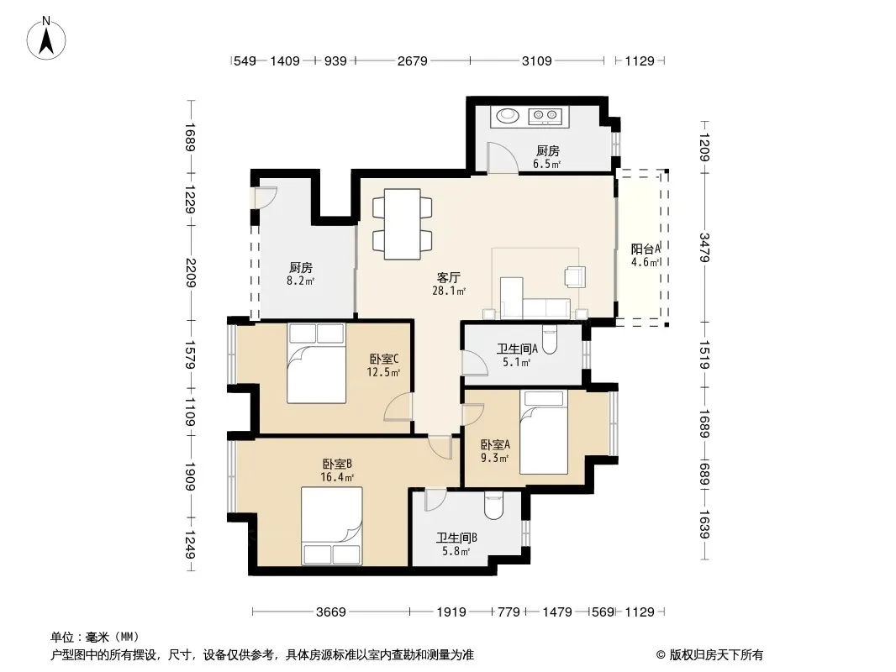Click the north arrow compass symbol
46,38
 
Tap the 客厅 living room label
449,278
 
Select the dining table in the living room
403,223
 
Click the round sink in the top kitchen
507,116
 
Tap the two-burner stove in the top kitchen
546,116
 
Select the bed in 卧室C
316,363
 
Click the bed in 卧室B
331,526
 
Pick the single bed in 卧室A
544,433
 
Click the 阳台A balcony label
646,249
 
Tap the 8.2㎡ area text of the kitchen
301,281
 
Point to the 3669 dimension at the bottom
331,612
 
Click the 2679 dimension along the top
412,60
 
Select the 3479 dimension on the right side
704,247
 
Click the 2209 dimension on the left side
191,273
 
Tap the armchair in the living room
575,276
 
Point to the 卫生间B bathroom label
456,538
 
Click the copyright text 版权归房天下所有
716,655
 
